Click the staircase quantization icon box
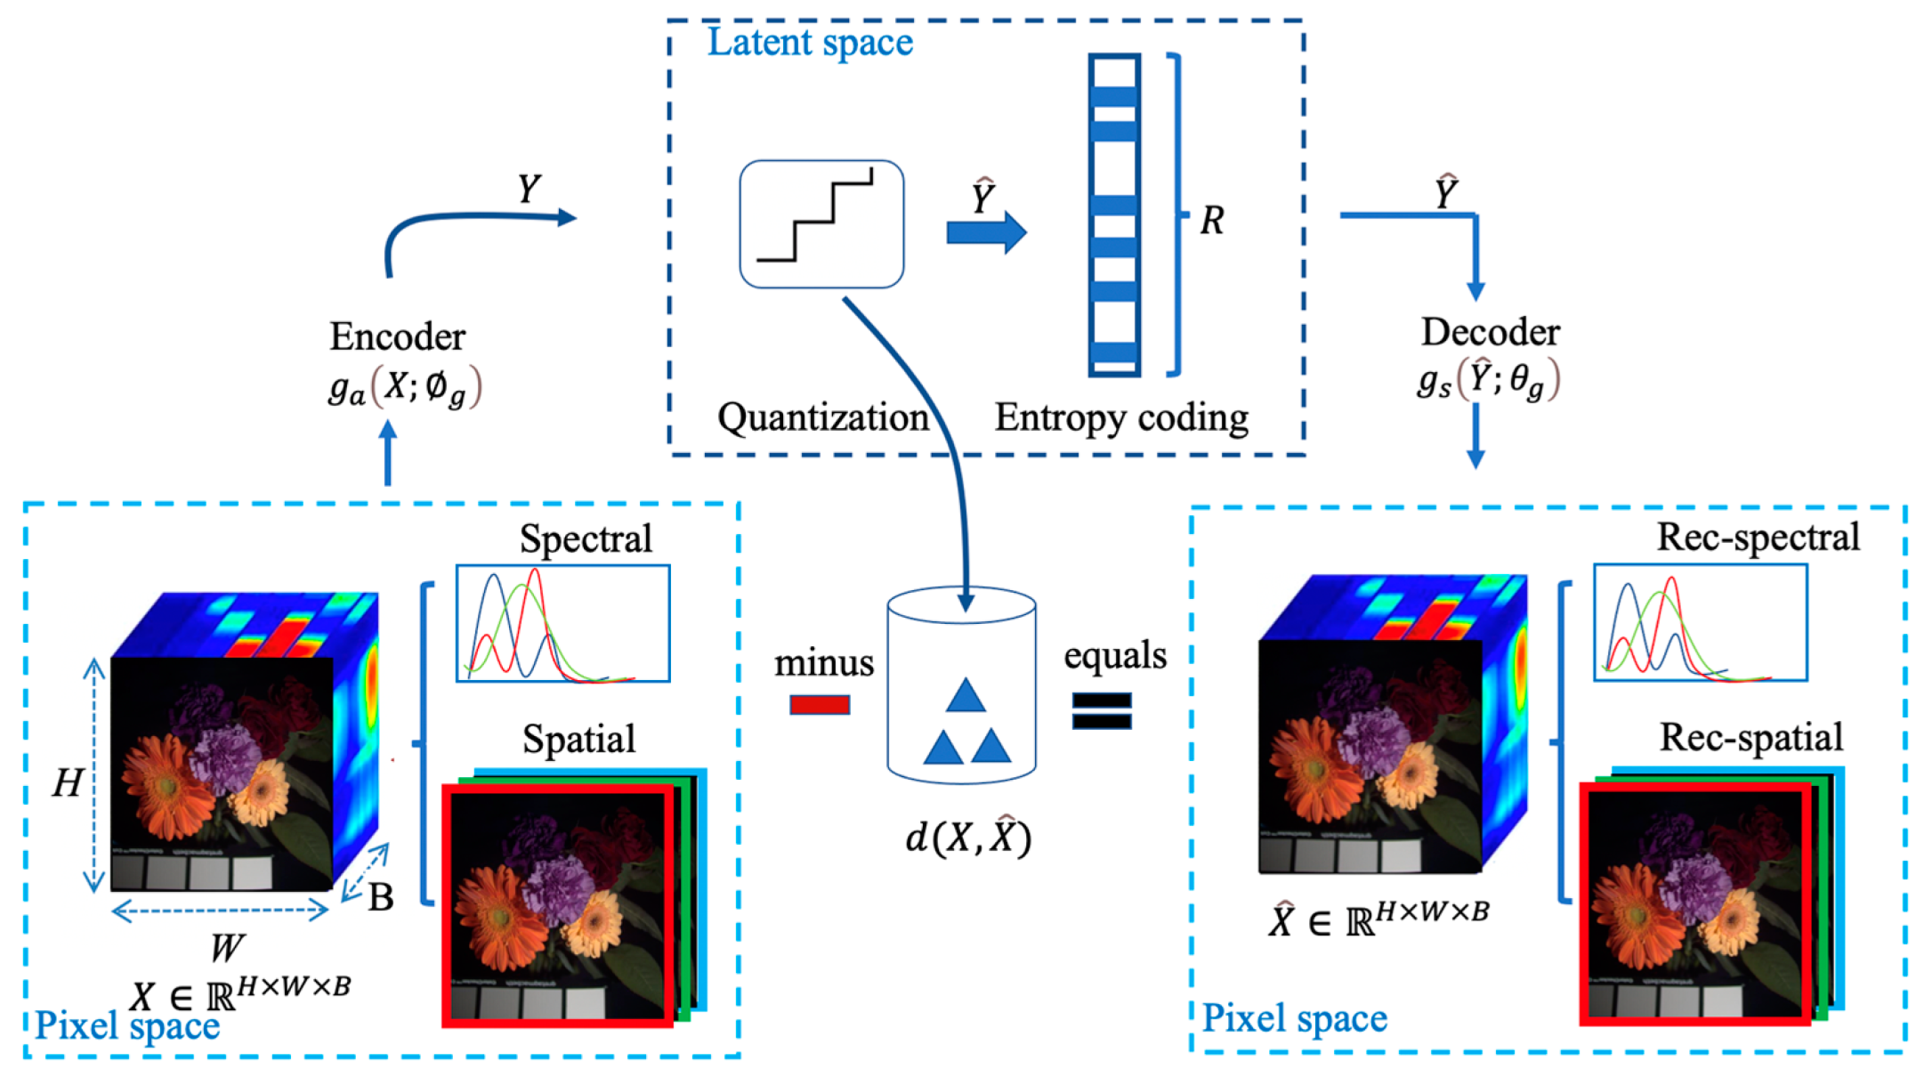821,224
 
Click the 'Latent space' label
810,42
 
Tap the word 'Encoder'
397,336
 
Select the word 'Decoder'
1490,332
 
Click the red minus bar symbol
820,705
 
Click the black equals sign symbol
1102,710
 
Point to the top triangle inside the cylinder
966,696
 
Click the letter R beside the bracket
1212,220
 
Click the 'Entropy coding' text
1121,417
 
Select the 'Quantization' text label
823,417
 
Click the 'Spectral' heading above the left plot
586,538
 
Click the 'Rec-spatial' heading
1750,737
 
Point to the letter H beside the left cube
68,783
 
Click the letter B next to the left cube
381,897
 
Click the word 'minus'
824,663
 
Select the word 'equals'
1114,656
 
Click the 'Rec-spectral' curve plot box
1700,622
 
